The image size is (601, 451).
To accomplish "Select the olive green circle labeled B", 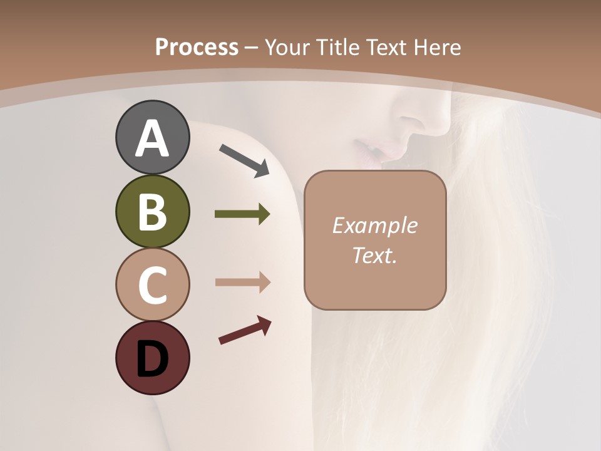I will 152,212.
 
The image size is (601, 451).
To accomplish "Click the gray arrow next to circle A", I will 244,160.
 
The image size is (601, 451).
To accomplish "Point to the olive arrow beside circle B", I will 242,214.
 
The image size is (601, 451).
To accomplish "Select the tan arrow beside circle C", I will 242,283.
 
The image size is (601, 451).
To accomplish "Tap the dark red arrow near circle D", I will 245,330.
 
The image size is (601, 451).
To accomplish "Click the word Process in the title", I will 197,48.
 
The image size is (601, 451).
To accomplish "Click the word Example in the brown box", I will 374,225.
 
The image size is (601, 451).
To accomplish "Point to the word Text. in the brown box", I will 374,255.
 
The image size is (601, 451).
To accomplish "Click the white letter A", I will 152,138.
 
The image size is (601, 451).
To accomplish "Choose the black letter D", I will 152,359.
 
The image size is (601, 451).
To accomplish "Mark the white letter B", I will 152,212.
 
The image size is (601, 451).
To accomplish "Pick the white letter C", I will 152,285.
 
